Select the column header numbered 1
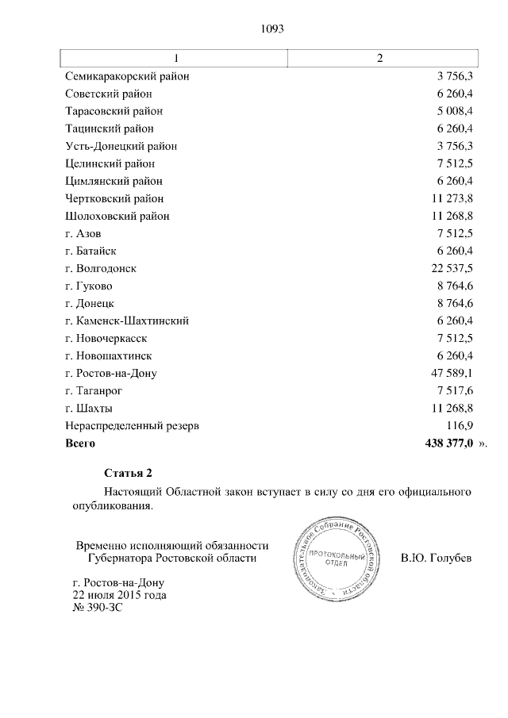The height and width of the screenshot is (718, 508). pos(175,59)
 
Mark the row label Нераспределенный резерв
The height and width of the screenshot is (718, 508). pos(132,425)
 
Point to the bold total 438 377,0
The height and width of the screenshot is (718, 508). pos(444,443)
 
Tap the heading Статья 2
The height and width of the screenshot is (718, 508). pos(128,474)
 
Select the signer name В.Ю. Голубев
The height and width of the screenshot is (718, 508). pos(437,558)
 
